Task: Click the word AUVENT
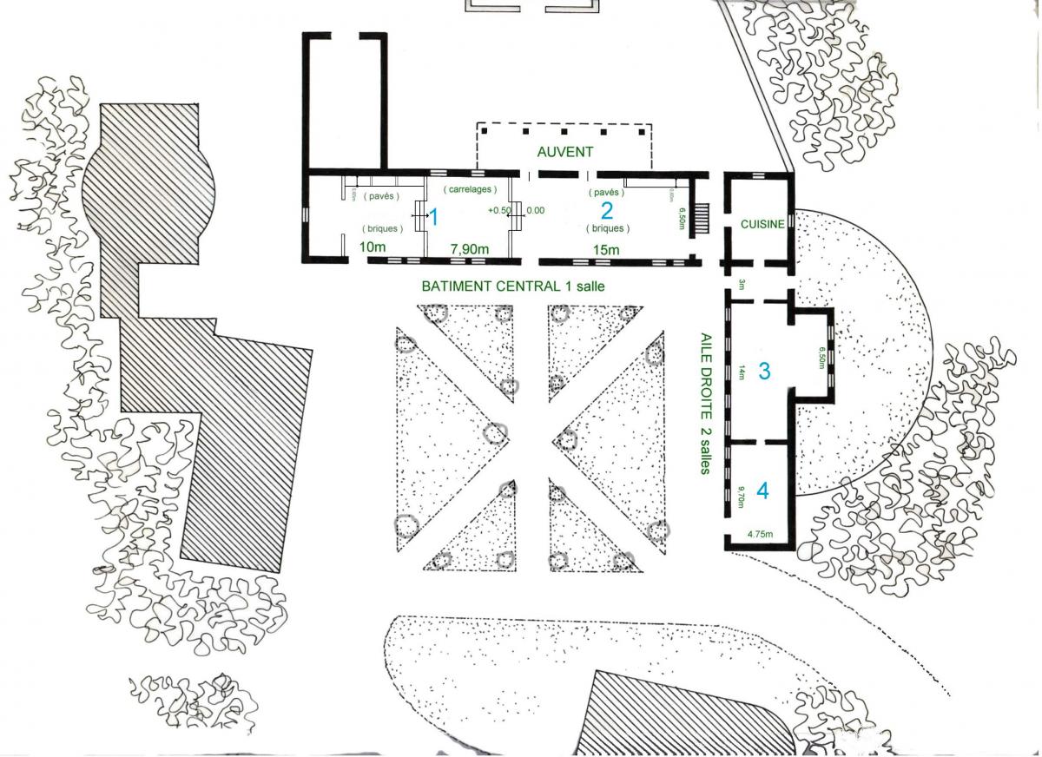pyautogui.click(x=564, y=151)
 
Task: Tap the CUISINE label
pyautogui.click(x=762, y=224)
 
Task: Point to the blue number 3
pyautogui.click(x=764, y=371)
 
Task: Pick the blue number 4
pyautogui.click(x=762, y=490)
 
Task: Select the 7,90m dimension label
pyautogui.click(x=469, y=250)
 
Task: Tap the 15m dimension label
pyautogui.click(x=604, y=251)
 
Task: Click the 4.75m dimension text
pyautogui.click(x=761, y=534)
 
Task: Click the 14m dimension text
pyautogui.click(x=742, y=372)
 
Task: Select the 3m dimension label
pyautogui.click(x=742, y=285)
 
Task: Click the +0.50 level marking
pyautogui.click(x=498, y=210)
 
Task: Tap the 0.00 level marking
pyautogui.click(x=536, y=210)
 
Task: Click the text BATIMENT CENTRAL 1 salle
pyautogui.click(x=512, y=285)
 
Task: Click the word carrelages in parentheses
pyautogui.click(x=469, y=189)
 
